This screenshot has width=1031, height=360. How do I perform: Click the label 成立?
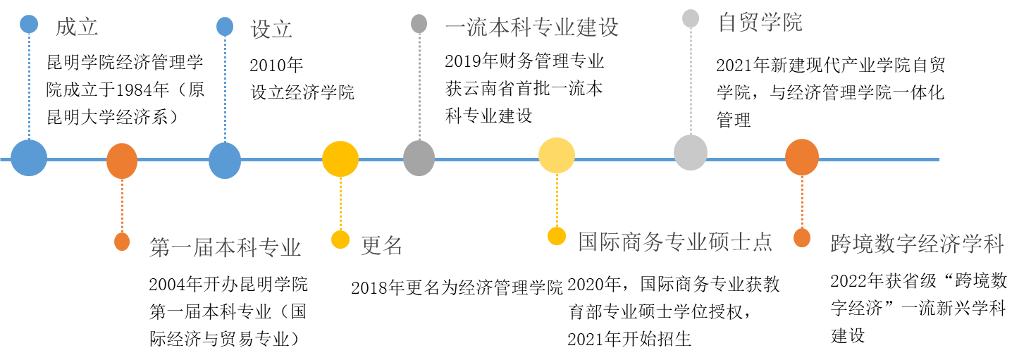77,27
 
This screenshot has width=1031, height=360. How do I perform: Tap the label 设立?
271,30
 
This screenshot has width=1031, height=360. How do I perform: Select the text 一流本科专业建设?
532,27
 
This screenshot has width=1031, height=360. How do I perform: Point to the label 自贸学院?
760,23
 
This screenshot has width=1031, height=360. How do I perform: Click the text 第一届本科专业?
225,248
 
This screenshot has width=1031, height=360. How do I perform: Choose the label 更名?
381,246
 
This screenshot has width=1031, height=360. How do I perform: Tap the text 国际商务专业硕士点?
674,242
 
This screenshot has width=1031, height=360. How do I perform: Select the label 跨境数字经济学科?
917,244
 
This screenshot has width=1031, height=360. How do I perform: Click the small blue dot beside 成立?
29,24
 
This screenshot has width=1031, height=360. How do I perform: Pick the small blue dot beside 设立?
225,27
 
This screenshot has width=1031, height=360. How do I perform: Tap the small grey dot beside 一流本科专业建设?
419,24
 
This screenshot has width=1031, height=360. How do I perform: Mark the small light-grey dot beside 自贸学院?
691,18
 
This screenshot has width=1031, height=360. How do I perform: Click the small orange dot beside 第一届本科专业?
122,242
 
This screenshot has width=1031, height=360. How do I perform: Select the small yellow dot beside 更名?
340,240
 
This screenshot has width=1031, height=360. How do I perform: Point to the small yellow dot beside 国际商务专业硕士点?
557,236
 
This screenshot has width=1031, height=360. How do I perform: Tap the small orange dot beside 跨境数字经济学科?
802,238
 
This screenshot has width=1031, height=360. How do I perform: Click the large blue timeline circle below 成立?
29,158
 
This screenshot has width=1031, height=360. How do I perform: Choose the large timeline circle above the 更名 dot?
340,159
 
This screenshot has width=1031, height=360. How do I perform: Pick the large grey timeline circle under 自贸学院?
691,153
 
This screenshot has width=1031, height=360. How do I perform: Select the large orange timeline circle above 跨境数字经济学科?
802,157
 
